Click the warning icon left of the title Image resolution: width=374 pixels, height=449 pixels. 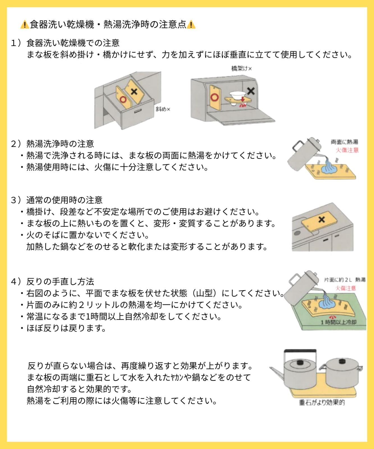click(x=25, y=25)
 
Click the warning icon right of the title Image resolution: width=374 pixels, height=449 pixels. click(x=191, y=25)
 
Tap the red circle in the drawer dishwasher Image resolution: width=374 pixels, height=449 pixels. click(x=123, y=99)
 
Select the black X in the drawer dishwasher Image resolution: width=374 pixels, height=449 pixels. click(x=134, y=91)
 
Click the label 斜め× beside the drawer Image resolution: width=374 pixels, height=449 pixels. click(x=163, y=109)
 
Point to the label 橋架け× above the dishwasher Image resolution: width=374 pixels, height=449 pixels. click(x=241, y=68)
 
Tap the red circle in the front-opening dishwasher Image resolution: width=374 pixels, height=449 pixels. click(x=214, y=97)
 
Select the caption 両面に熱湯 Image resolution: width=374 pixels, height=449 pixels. click(x=345, y=142)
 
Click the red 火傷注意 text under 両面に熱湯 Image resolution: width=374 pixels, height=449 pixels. click(x=347, y=150)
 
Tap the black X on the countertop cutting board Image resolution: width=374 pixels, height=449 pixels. click(x=322, y=219)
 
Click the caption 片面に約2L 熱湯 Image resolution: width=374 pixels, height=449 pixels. click(x=345, y=280)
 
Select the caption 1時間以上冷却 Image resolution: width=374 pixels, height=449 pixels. click(x=338, y=322)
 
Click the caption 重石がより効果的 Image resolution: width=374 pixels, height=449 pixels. click(x=322, y=403)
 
